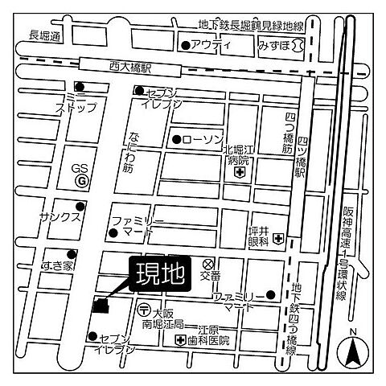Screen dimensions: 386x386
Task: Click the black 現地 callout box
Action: coord(158,274)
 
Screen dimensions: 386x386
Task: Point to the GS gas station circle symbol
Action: coord(80,183)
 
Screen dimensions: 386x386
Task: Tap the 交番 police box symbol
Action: coord(207,263)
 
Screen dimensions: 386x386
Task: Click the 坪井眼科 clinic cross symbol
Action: coord(277,238)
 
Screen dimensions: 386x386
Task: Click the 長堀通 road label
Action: coord(45,36)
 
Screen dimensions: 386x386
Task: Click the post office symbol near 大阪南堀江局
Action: coord(143,309)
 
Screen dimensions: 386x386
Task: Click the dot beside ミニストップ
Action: coord(79,87)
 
